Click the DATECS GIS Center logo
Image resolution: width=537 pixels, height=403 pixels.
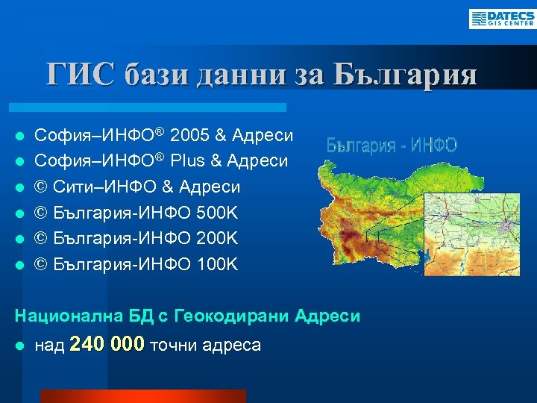pyautogui.click(x=501, y=19)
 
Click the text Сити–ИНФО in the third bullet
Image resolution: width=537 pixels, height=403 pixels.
pyautogui.click(x=105, y=186)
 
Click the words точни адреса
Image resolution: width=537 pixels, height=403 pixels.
pyautogui.click(x=206, y=345)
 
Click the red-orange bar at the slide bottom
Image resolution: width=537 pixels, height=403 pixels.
pyautogui.click(x=142, y=396)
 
